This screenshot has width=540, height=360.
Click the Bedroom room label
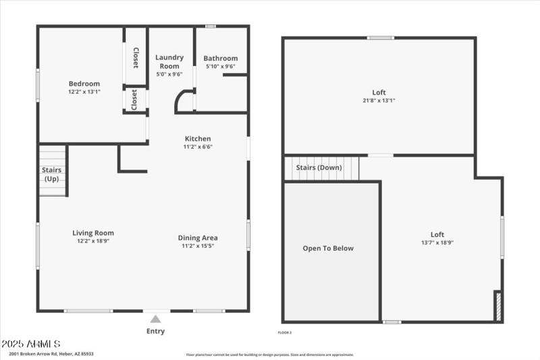(x=84, y=84)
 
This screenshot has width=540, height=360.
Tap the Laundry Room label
(x=169, y=61)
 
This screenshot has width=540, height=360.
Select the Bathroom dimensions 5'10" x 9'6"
(x=221, y=66)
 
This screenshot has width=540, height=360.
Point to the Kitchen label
(x=197, y=138)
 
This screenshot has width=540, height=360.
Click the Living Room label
(x=93, y=233)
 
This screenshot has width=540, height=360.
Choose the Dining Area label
(x=198, y=238)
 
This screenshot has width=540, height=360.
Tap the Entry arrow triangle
(x=155, y=319)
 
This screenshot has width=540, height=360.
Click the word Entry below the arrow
(x=155, y=331)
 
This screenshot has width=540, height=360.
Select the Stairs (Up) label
(x=52, y=174)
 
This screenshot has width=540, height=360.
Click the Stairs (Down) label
(x=319, y=168)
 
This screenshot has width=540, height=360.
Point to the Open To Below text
(x=328, y=249)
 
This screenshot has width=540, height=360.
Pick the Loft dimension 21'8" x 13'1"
(x=379, y=101)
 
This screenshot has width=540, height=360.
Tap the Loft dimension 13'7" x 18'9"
(x=437, y=242)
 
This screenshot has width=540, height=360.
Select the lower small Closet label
(x=134, y=100)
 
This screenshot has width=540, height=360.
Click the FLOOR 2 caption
(x=285, y=332)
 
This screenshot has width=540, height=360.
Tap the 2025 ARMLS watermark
(x=31, y=344)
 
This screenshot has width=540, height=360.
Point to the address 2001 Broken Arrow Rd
(x=51, y=354)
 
